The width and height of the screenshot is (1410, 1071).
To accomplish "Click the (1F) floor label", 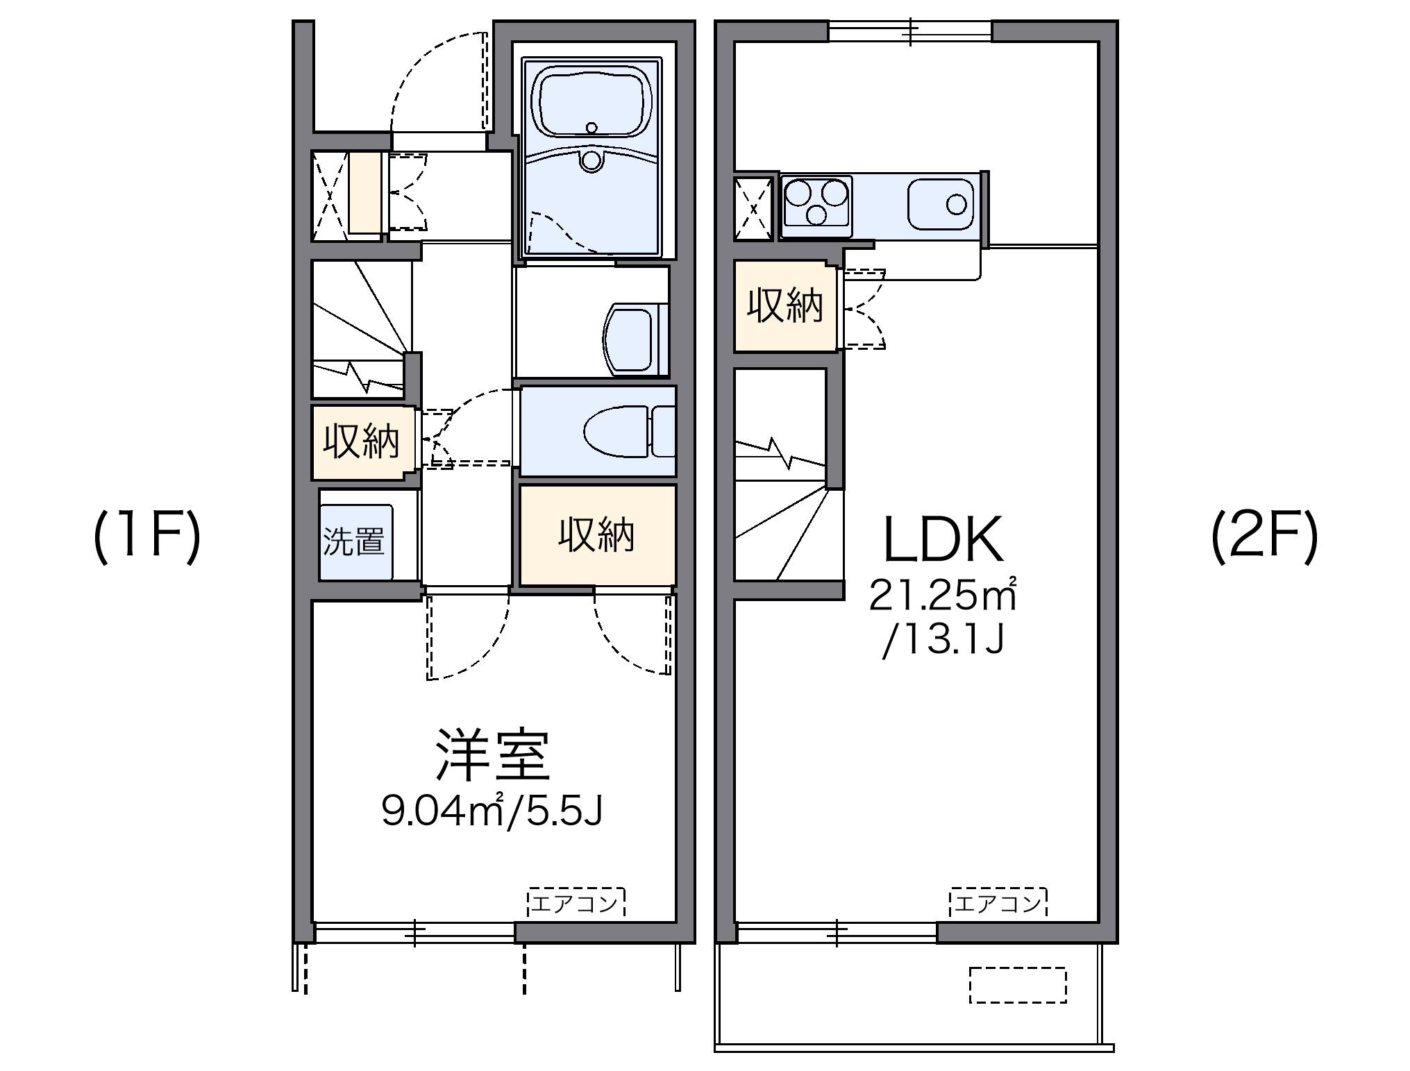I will point(147,537).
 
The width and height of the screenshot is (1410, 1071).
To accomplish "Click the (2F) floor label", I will point(1264,537).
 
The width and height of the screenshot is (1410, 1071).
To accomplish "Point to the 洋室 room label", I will point(492,755).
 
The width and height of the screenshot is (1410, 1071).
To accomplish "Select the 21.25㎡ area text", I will point(943,595).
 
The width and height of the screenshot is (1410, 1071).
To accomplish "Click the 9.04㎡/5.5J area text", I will point(492,811).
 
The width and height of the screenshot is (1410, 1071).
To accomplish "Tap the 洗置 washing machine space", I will point(355,542).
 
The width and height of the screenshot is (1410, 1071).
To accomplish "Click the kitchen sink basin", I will point(941,204).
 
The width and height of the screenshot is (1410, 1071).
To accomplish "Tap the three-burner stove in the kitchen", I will point(816,202).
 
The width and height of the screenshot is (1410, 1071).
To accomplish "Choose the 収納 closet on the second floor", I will point(784,305).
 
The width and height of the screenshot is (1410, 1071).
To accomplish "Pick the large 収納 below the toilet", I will point(597,535).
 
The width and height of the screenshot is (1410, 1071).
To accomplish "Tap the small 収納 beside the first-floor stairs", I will point(361,441).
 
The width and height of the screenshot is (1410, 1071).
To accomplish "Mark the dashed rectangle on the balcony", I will point(1017,985).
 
